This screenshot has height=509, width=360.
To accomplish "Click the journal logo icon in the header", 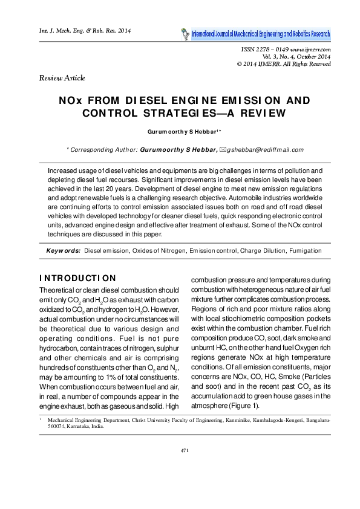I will tap(185, 33).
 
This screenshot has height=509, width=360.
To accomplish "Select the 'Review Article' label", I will tap(62, 78).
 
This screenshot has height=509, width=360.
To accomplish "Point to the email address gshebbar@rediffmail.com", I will tap(265, 149).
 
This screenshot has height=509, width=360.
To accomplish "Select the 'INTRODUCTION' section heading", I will tap(77, 279).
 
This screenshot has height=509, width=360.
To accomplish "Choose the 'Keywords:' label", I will tap(64, 250).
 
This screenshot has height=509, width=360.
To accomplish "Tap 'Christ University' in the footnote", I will tap(163, 435).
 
